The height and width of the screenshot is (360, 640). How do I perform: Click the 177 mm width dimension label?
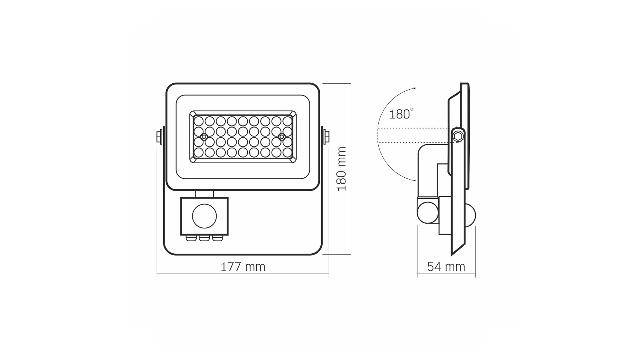243,267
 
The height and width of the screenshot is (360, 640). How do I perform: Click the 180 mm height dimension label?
342,169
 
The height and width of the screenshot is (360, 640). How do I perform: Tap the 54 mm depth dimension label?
446,267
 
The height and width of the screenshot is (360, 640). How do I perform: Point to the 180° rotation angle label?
401,114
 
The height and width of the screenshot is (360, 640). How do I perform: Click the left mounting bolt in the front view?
159,136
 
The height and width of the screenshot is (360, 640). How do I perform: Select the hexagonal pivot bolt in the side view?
458,136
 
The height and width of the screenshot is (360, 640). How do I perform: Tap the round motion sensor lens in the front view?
204,216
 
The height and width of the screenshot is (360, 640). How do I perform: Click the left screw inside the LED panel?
204,136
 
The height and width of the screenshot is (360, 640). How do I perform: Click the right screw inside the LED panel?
282,136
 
